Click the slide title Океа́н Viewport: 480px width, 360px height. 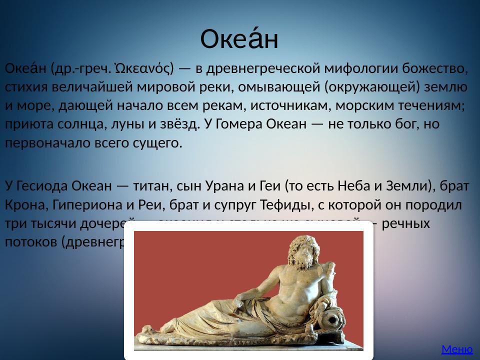[x=239, y=39]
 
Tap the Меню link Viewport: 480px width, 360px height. [x=456, y=349]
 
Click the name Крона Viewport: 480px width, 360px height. [x=25, y=205]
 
